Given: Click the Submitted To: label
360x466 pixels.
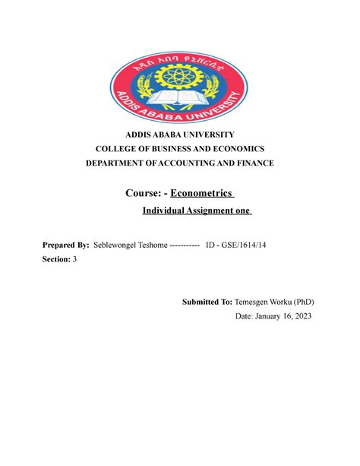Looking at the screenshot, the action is [x=207, y=302].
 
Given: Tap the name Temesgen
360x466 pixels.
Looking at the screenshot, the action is [x=256, y=302].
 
